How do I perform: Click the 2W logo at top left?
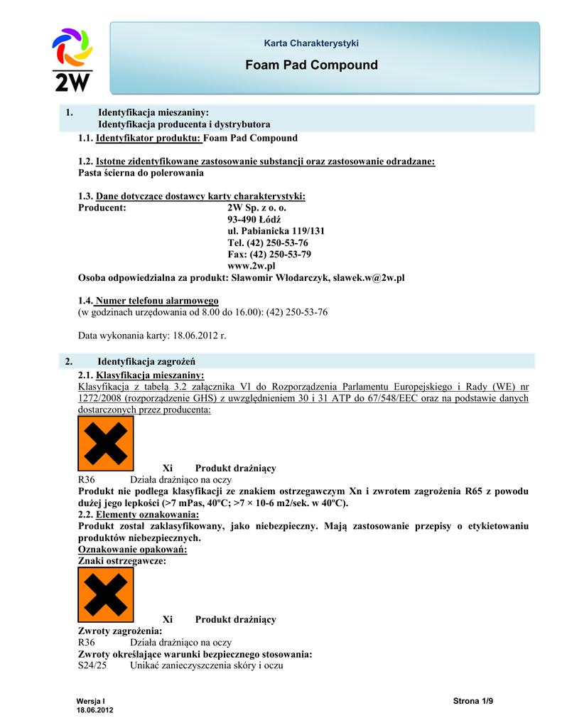(x=72, y=60)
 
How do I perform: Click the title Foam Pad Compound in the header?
(x=311, y=65)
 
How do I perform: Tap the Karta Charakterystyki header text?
(x=311, y=43)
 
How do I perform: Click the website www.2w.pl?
(x=251, y=265)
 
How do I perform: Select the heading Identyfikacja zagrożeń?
(x=146, y=361)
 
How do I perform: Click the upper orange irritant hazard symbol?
(x=105, y=444)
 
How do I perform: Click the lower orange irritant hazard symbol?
(x=105, y=594)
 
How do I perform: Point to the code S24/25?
(x=92, y=665)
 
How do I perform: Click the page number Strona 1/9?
(x=472, y=702)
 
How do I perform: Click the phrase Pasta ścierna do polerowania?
(x=141, y=173)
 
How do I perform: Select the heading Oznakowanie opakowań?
(x=131, y=550)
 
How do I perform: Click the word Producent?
(x=102, y=208)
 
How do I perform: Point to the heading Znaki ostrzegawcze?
(x=121, y=561)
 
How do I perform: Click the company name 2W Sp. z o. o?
(x=256, y=208)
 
